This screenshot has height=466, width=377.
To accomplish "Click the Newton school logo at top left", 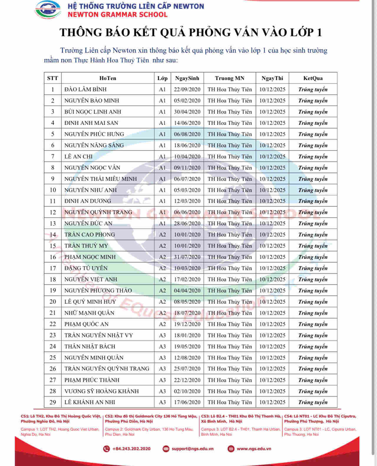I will click(48, 10).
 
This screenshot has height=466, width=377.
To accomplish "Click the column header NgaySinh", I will click(187, 78).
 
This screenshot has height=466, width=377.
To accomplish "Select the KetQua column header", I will click(313, 78).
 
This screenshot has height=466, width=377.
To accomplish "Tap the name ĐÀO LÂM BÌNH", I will click(85, 89).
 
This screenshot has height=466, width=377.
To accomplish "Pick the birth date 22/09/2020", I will click(187, 89).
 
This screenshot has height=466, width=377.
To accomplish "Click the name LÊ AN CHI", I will click(78, 156).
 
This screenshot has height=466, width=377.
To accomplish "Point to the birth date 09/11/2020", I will click(187, 168).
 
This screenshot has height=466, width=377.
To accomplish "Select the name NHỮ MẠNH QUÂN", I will click(89, 313).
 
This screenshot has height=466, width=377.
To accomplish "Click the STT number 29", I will click(53, 402).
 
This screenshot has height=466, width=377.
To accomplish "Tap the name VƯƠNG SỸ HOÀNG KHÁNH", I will click(102, 391).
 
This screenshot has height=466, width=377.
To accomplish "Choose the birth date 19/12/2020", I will click(187, 324).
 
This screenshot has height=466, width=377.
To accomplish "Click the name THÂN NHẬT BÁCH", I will click(90, 346).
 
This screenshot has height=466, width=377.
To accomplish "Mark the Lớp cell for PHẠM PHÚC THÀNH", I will click(162, 380).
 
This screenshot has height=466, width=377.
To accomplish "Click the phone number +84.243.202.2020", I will click(131, 449).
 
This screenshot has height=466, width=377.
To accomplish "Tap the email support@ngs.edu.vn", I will click(192, 449).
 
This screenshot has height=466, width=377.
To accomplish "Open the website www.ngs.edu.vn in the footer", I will click(254, 449).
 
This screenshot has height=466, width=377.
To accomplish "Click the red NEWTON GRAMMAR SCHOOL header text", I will click(118, 14).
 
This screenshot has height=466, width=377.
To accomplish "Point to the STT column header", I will click(53, 78).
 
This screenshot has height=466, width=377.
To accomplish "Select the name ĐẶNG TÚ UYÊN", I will click(86, 268).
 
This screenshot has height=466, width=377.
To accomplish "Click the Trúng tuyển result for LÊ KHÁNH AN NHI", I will click(313, 402).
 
